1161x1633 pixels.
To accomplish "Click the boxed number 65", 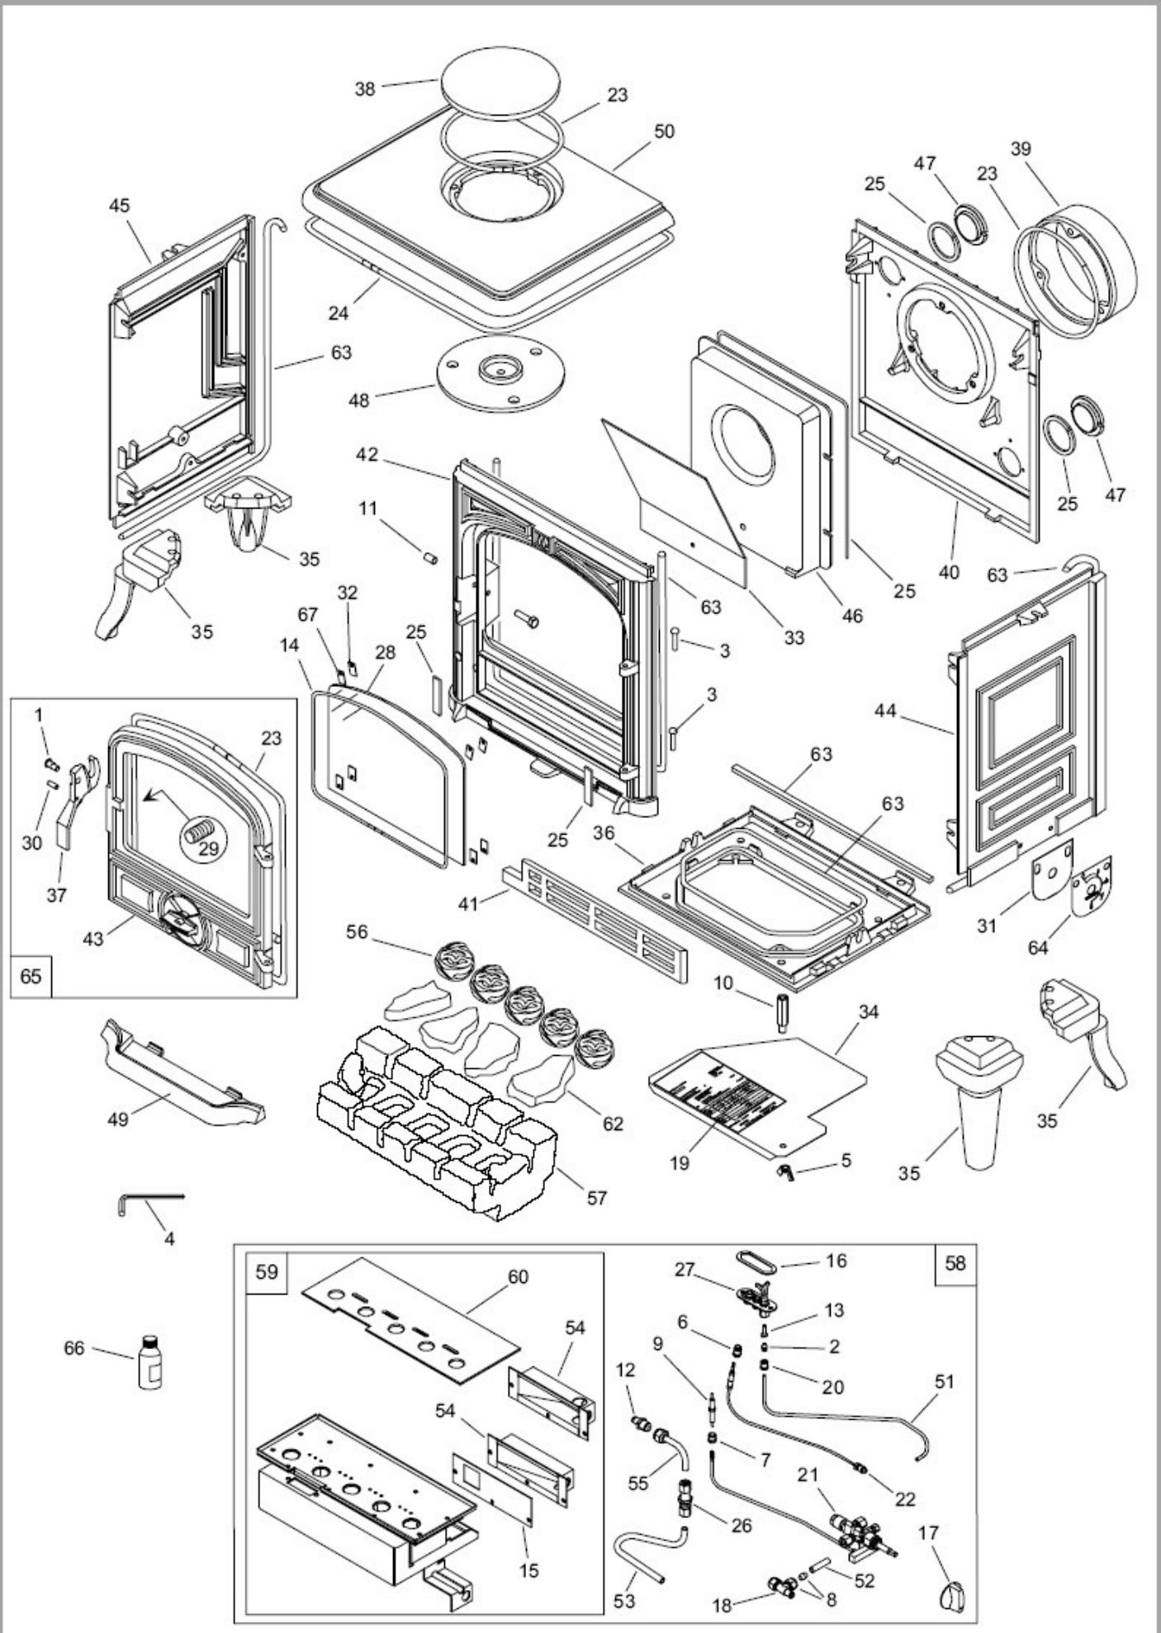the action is pyautogui.click(x=31, y=976).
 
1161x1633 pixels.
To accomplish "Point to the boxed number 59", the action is pyautogui.click(x=267, y=1272).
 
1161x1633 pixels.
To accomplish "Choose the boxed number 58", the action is pyautogui.click(x=955, y=1264).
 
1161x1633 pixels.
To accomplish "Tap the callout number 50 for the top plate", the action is pyautogui.click(x=663, y=131).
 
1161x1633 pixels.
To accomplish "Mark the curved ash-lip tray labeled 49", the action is pyautogui.click(x=182, y=1076).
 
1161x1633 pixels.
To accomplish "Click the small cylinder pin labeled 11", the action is pyautogui.click(x=429, y=558).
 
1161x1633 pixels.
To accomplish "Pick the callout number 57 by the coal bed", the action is pyautogui.click(x=596, y=1196).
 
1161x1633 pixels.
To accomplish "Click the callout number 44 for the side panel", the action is pyautogui.click(x=884, y=711).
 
